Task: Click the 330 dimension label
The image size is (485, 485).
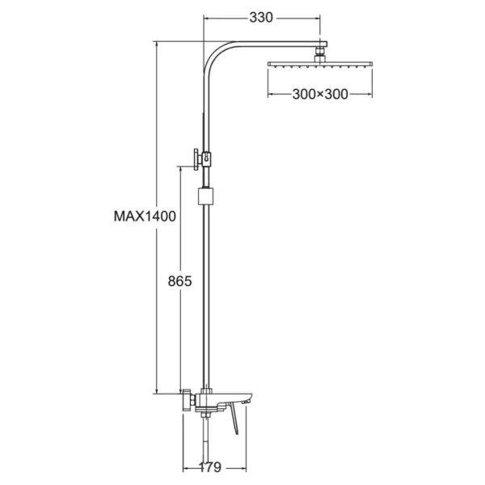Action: point(261,18)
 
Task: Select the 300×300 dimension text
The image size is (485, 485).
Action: point(320,94)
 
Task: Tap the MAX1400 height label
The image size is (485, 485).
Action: point(145,216)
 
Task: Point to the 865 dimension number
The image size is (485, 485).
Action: point(179,281)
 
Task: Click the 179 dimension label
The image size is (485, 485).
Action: point(209,466)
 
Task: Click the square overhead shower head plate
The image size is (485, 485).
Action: point(320,64)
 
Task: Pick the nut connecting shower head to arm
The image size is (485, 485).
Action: point(320,54)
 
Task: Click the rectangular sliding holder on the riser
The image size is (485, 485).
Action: point(205,196)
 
